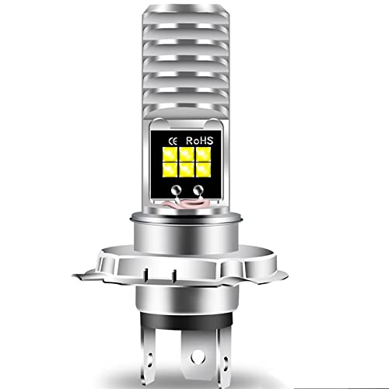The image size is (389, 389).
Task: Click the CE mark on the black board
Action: click(173, 142)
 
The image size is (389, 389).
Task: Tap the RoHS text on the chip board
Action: click(200, 141)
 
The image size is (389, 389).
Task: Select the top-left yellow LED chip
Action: click(170, 154)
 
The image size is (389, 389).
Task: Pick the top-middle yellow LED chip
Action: click(187, 154)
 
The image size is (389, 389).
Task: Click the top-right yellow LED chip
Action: click(203, 154)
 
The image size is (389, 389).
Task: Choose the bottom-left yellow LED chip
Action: click(170, 170)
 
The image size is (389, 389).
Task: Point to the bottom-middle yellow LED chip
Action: click(187, 170)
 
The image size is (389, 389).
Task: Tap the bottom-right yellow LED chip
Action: click(203, 170)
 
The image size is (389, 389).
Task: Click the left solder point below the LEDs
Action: click(177, 191)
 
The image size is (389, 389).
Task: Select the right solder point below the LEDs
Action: click(198, 191)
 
